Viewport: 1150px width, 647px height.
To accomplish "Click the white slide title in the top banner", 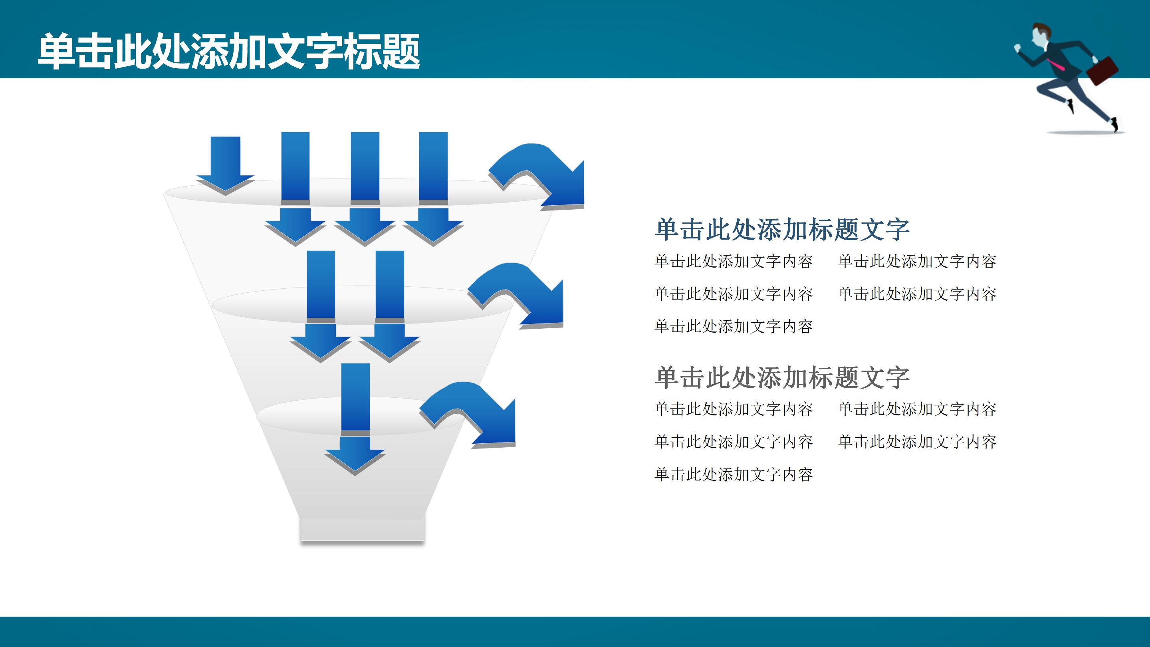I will pyautogui.click(x=228, y=52).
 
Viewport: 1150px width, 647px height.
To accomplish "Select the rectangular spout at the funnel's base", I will pyautogui.click(x=362, y=530).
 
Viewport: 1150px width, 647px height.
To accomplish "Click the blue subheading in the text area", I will pyautogui.click(x=782, y=230).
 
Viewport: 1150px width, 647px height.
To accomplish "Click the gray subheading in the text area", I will pyautogui.click(x=782, y=378).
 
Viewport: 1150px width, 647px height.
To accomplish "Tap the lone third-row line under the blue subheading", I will pyautogui.click(x=734, y=326).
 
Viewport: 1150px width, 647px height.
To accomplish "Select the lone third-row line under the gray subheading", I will pyautogui.click(x=734, y=474).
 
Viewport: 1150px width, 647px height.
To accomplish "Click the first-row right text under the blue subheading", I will pyautogui.click(x=917, y=261).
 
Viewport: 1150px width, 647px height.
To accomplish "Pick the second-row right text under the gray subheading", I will pyautogui.click(x=917, y=442).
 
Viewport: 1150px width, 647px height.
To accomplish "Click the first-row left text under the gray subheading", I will pyautogui.click(x=734, y=409).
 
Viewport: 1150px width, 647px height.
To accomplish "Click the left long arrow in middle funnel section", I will pyautogui.click(x=321, y=304).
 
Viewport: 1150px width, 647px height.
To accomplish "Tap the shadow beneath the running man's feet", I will pyautogui.click(x=1085, y=132).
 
